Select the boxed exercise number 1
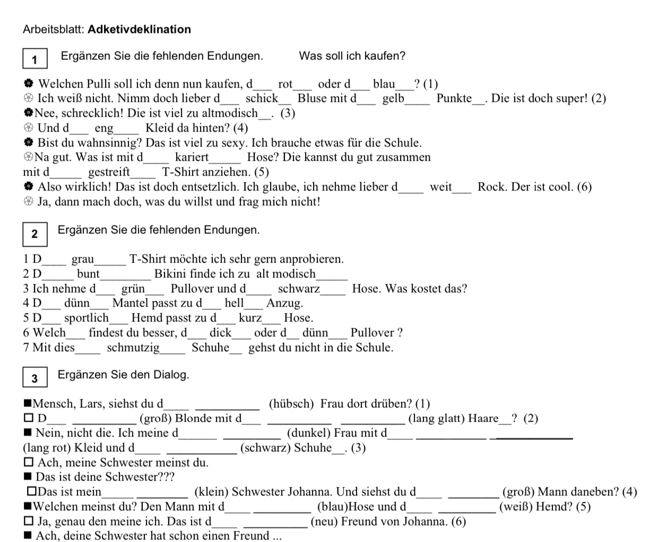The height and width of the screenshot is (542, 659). tap(35, 59)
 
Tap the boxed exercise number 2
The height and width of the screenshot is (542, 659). tap(35, 234)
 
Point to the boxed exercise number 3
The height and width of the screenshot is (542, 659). tap(35, 379)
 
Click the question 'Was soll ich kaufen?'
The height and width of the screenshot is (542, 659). tap(352, 56)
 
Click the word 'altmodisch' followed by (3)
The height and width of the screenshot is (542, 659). tap(232, 113)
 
